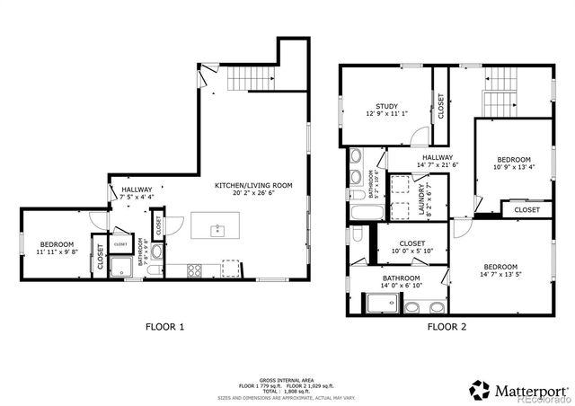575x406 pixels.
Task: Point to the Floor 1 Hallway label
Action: point(137,190)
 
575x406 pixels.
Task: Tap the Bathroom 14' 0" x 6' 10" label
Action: point(401,278)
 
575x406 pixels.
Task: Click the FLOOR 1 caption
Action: point(165,327)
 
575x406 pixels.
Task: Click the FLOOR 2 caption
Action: point(447,327)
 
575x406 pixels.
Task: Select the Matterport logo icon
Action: point(480,390)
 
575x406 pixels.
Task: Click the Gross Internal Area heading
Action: point(287,380)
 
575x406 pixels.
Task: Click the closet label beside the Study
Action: point(440,106)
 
